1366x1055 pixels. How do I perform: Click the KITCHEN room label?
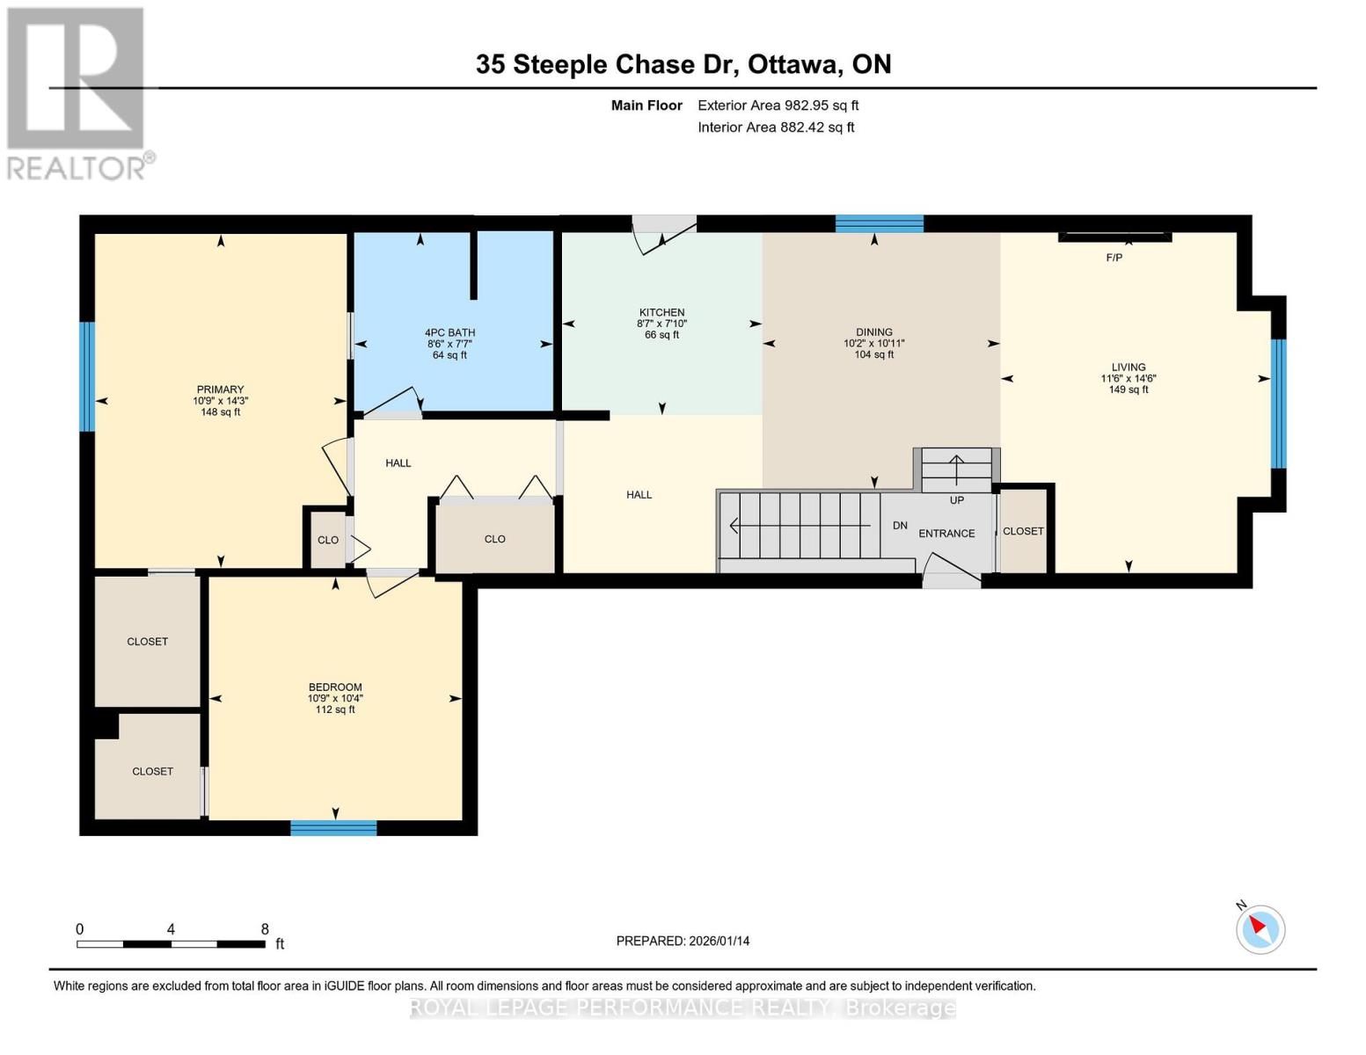click(x=661, y=312)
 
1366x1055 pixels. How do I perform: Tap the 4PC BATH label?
click(x=449, y=332)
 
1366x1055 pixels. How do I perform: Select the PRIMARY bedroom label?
click(x=220, y=389)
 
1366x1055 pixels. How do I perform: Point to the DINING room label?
click(x=873, y=331)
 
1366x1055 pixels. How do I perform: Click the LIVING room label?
click(x=1129, y=367)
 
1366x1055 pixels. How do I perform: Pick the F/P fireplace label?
click(x=1114, y=258)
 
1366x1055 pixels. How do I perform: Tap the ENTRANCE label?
click(x=946, y=534)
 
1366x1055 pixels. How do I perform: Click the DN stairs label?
click(x=900, y=525)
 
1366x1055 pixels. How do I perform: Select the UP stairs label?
click(x=957, y=500)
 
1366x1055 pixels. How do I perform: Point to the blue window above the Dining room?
click(x=879, y=223)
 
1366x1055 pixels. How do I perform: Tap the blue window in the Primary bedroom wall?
click(x=87, y=376)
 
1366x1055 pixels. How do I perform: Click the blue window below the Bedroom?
click(x=333, y=827)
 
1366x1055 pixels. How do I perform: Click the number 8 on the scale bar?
click(x=265, y=928)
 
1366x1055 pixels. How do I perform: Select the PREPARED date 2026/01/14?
click(x=720, y=941)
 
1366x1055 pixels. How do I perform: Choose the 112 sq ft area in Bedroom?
click(x=335, y=709)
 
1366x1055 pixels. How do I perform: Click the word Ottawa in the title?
click(x=795, y=64)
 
